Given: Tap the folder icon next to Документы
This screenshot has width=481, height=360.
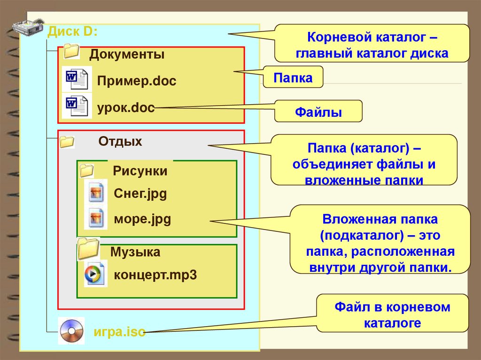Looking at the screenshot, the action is coord(71,51).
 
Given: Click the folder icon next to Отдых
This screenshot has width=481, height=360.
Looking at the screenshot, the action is coord(67,141).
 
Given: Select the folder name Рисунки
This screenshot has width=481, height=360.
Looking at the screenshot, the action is coord(140,171).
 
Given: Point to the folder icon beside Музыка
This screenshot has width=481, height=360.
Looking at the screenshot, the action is coord(88,249).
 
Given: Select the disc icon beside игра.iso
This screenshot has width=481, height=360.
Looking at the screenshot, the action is coord(71,330).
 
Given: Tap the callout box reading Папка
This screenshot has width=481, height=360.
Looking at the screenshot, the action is coord(294,77).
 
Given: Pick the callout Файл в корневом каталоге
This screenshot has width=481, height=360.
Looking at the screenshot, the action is coord(392,315).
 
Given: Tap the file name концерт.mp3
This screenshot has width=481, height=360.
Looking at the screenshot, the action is coord(155,275).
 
